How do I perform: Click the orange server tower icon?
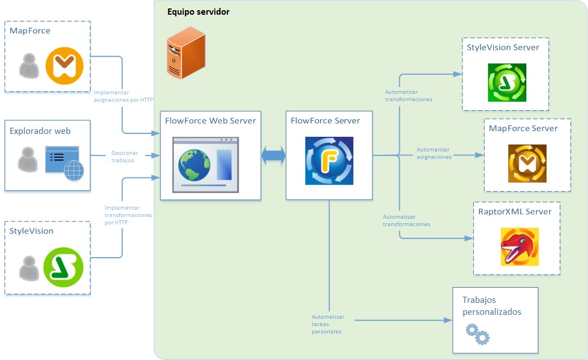pos(185,55)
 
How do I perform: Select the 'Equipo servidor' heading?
pos(198,12)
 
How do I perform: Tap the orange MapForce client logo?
pos(64,67)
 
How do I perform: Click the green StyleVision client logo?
pos(63,267)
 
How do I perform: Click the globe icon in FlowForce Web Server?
pos(194,163)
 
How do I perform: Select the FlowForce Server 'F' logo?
pos(329,161)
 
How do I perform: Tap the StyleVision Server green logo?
pos(507,83)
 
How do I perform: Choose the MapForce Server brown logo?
pos(527,163)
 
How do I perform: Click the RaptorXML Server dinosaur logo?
pos(519,246)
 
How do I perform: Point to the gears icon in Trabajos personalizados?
pos(477,334)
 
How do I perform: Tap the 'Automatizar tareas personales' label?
pos(328,324)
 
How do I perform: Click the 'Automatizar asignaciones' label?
pos(434,153)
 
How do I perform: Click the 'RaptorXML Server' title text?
pos(514,211)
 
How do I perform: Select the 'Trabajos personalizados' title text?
pos(491,306)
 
